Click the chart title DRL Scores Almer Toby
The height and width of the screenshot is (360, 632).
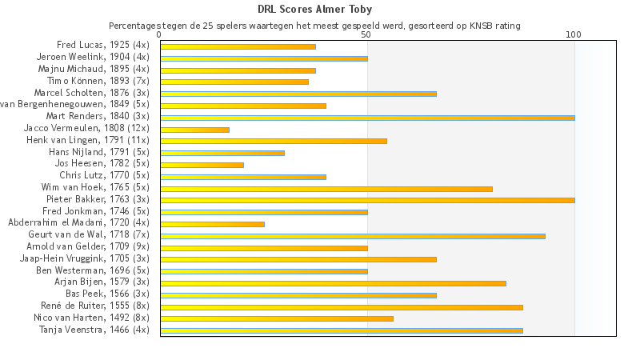tap(314, 10)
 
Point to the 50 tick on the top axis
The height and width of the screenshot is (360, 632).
tap(366, 35)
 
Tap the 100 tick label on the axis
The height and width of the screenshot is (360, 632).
tap(574, 35)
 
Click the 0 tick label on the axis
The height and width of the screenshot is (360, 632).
tap(160, 35)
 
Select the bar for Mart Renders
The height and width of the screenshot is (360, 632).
tap(367, 118)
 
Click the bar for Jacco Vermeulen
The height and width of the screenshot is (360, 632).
tap(194, 130)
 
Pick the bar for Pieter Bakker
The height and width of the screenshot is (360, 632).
tap(367, 200)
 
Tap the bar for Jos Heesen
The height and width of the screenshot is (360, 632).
tap(202, 165)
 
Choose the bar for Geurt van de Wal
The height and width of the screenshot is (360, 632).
tap(353, 236)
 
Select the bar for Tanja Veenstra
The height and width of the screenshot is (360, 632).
tap(342, 330)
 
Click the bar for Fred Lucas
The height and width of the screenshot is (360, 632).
tap(238, 46)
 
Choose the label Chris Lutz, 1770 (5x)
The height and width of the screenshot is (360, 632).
tap(104, 175)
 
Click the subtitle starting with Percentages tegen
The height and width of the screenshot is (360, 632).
tap(314, 26)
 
